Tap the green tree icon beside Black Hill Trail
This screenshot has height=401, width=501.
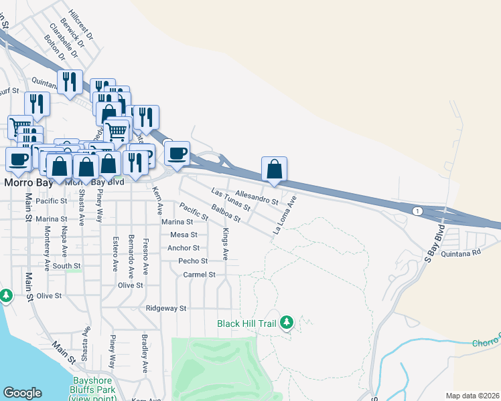point(287,323)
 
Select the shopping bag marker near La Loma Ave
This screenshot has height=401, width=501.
point(275,169)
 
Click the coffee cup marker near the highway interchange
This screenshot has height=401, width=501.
point(177,153)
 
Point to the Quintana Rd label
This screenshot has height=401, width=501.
point(462,253)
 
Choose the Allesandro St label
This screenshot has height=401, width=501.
point(257,196)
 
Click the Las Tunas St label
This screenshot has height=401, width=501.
point(230,199)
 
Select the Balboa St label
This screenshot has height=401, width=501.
point(225,213)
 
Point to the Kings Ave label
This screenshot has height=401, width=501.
point(226,244)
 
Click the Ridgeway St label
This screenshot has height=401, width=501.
point(165,308)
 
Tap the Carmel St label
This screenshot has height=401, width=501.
point(199,274)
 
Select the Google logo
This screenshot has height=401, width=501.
point(22,392)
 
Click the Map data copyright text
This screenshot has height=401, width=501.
point(472,396)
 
